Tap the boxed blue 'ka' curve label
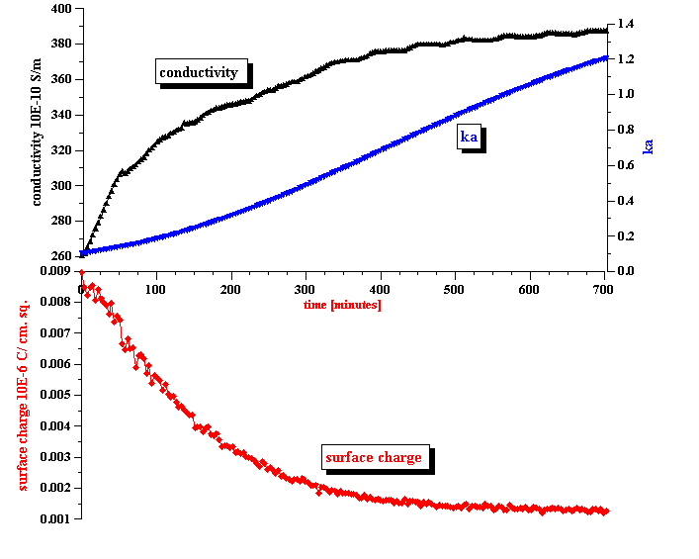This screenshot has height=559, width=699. pos(470,137)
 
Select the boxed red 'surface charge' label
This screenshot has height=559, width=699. pos(374,457)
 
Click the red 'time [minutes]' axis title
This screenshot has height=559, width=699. pos(342,305)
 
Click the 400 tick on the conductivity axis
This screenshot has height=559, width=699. pos(60,9)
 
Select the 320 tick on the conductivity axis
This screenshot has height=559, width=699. pos(60,150)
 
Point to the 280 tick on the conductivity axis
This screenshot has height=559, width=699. pos(60,222)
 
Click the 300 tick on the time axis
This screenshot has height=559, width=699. pos(305,289)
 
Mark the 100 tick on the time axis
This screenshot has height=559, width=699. pos(155,289)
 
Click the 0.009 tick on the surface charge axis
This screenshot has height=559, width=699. pos(54,270)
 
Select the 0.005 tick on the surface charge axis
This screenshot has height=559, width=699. pos(54,395)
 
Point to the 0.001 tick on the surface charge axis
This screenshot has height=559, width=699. pos(54,518)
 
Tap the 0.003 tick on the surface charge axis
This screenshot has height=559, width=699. pos(54,457)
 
